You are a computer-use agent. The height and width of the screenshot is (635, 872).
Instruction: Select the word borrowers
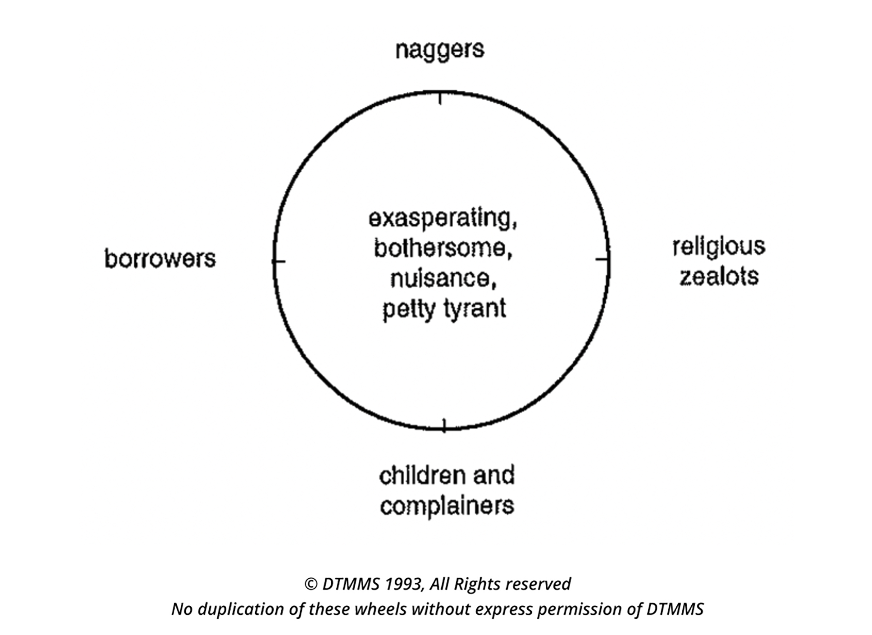160,258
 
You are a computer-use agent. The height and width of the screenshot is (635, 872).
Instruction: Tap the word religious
718,247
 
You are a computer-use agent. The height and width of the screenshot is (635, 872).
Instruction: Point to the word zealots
719,277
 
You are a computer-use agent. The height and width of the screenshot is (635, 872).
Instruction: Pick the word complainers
447,506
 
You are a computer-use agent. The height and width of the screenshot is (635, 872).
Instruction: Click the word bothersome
443,249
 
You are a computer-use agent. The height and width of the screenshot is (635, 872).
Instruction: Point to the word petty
409,309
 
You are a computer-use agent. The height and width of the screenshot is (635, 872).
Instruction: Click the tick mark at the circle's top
440,98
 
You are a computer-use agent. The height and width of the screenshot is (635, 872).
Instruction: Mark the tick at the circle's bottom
444,426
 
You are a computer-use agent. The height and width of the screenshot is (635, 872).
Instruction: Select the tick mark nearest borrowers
279,261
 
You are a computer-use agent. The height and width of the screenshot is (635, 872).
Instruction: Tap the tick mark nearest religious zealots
602,259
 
